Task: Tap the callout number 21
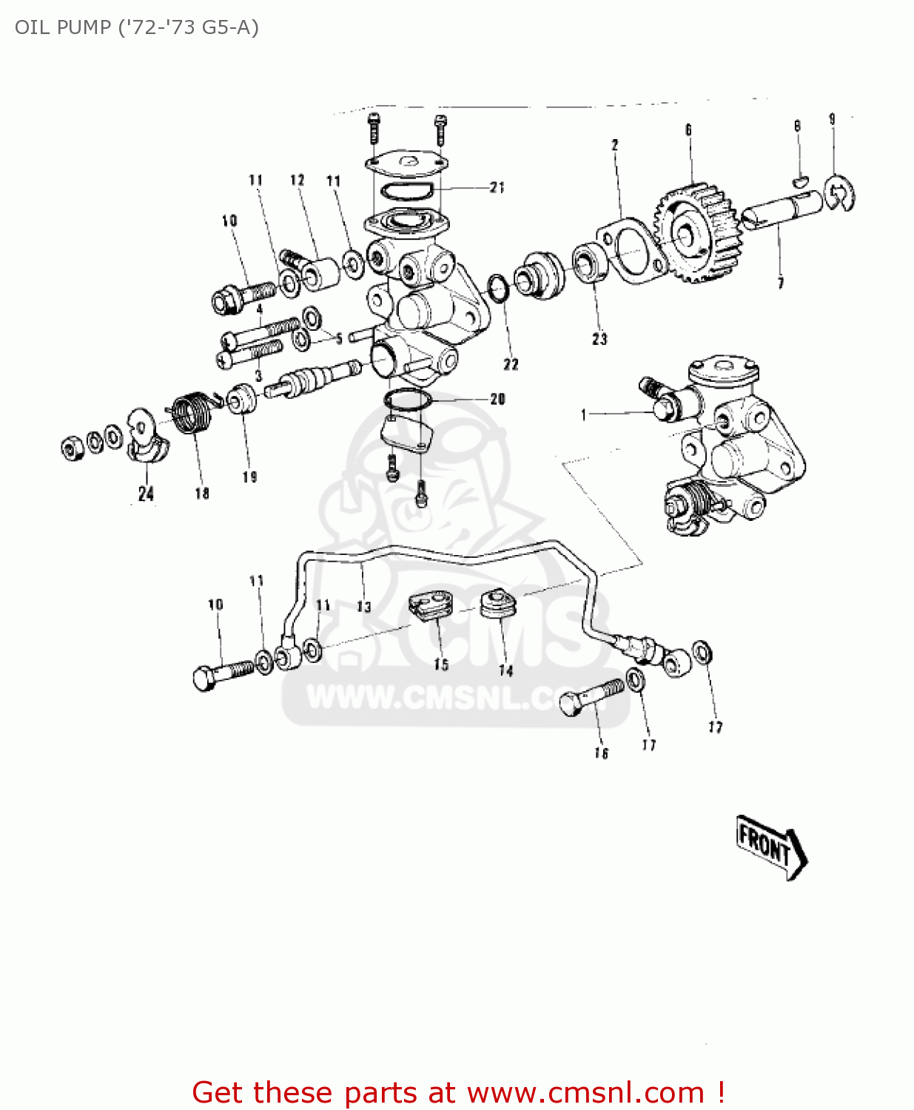[497, 188]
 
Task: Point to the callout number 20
[497, 400]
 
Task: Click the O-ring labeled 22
[498, 288]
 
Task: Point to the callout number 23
[599, 339]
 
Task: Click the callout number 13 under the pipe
[364, 607]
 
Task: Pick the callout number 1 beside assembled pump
[584, 415]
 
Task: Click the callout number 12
[298, 180]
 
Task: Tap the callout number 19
[249, 477]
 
